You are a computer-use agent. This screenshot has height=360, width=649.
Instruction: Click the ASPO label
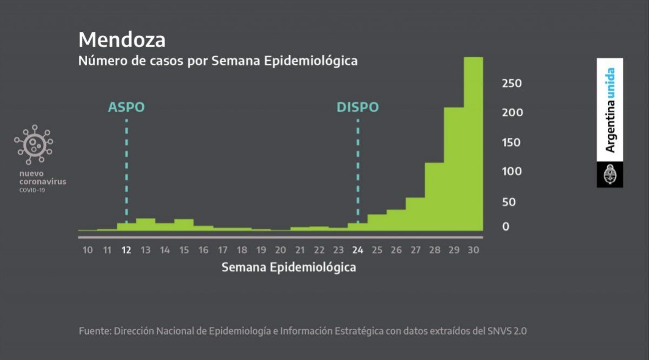coord(127,107)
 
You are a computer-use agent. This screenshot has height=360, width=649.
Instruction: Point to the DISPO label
coord(357,107)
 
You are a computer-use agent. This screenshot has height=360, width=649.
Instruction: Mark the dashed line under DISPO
coord(357,168)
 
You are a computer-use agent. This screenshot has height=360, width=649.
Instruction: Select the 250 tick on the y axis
coord(511,83)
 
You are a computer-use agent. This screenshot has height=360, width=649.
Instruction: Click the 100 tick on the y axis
coord(511,171)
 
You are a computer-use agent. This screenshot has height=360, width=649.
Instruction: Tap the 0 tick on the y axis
coord(506,227)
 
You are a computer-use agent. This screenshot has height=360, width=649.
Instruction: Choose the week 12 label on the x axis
coord(127,250)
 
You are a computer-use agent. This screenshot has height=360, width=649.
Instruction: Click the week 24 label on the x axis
coord(357,250)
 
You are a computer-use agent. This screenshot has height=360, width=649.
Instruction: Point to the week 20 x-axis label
coord(280,250)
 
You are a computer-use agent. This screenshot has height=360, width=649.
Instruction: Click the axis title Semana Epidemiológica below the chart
coord(289,268)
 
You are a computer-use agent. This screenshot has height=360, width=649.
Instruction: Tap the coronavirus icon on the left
coord(34,144)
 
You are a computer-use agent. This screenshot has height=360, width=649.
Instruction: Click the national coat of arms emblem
coord(610,175)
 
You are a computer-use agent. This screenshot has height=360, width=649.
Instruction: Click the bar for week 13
coord(145,224)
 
